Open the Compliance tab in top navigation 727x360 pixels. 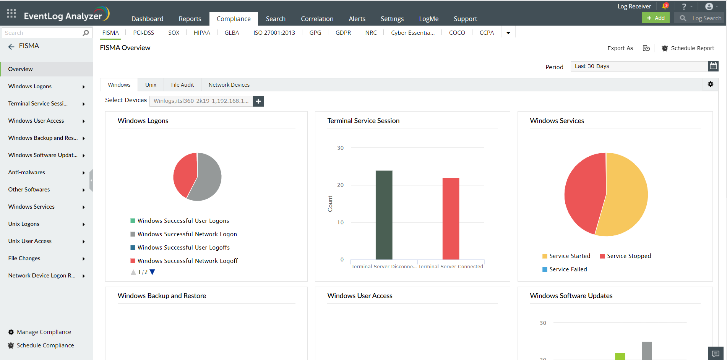pos(234,19)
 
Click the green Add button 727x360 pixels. pos(656,18)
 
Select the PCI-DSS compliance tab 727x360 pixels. pos(143,33)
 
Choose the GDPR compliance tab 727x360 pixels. pos(343,33)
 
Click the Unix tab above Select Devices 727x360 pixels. pos(151,85)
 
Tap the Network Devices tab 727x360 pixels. pos(229,85)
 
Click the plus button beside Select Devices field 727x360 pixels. pos(258,101)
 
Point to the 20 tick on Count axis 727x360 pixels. pos(340,185)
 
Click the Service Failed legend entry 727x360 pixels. pos(568,269)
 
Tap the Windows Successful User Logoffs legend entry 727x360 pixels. pos(183,248)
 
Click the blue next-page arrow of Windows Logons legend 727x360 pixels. pos(153,272)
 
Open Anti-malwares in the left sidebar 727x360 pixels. pos(27,172)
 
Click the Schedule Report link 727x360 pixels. pos(692,48)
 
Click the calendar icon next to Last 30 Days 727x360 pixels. pos(713,66)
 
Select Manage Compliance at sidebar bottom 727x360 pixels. pos(44,332)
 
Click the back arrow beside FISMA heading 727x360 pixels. pos(11,46)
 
